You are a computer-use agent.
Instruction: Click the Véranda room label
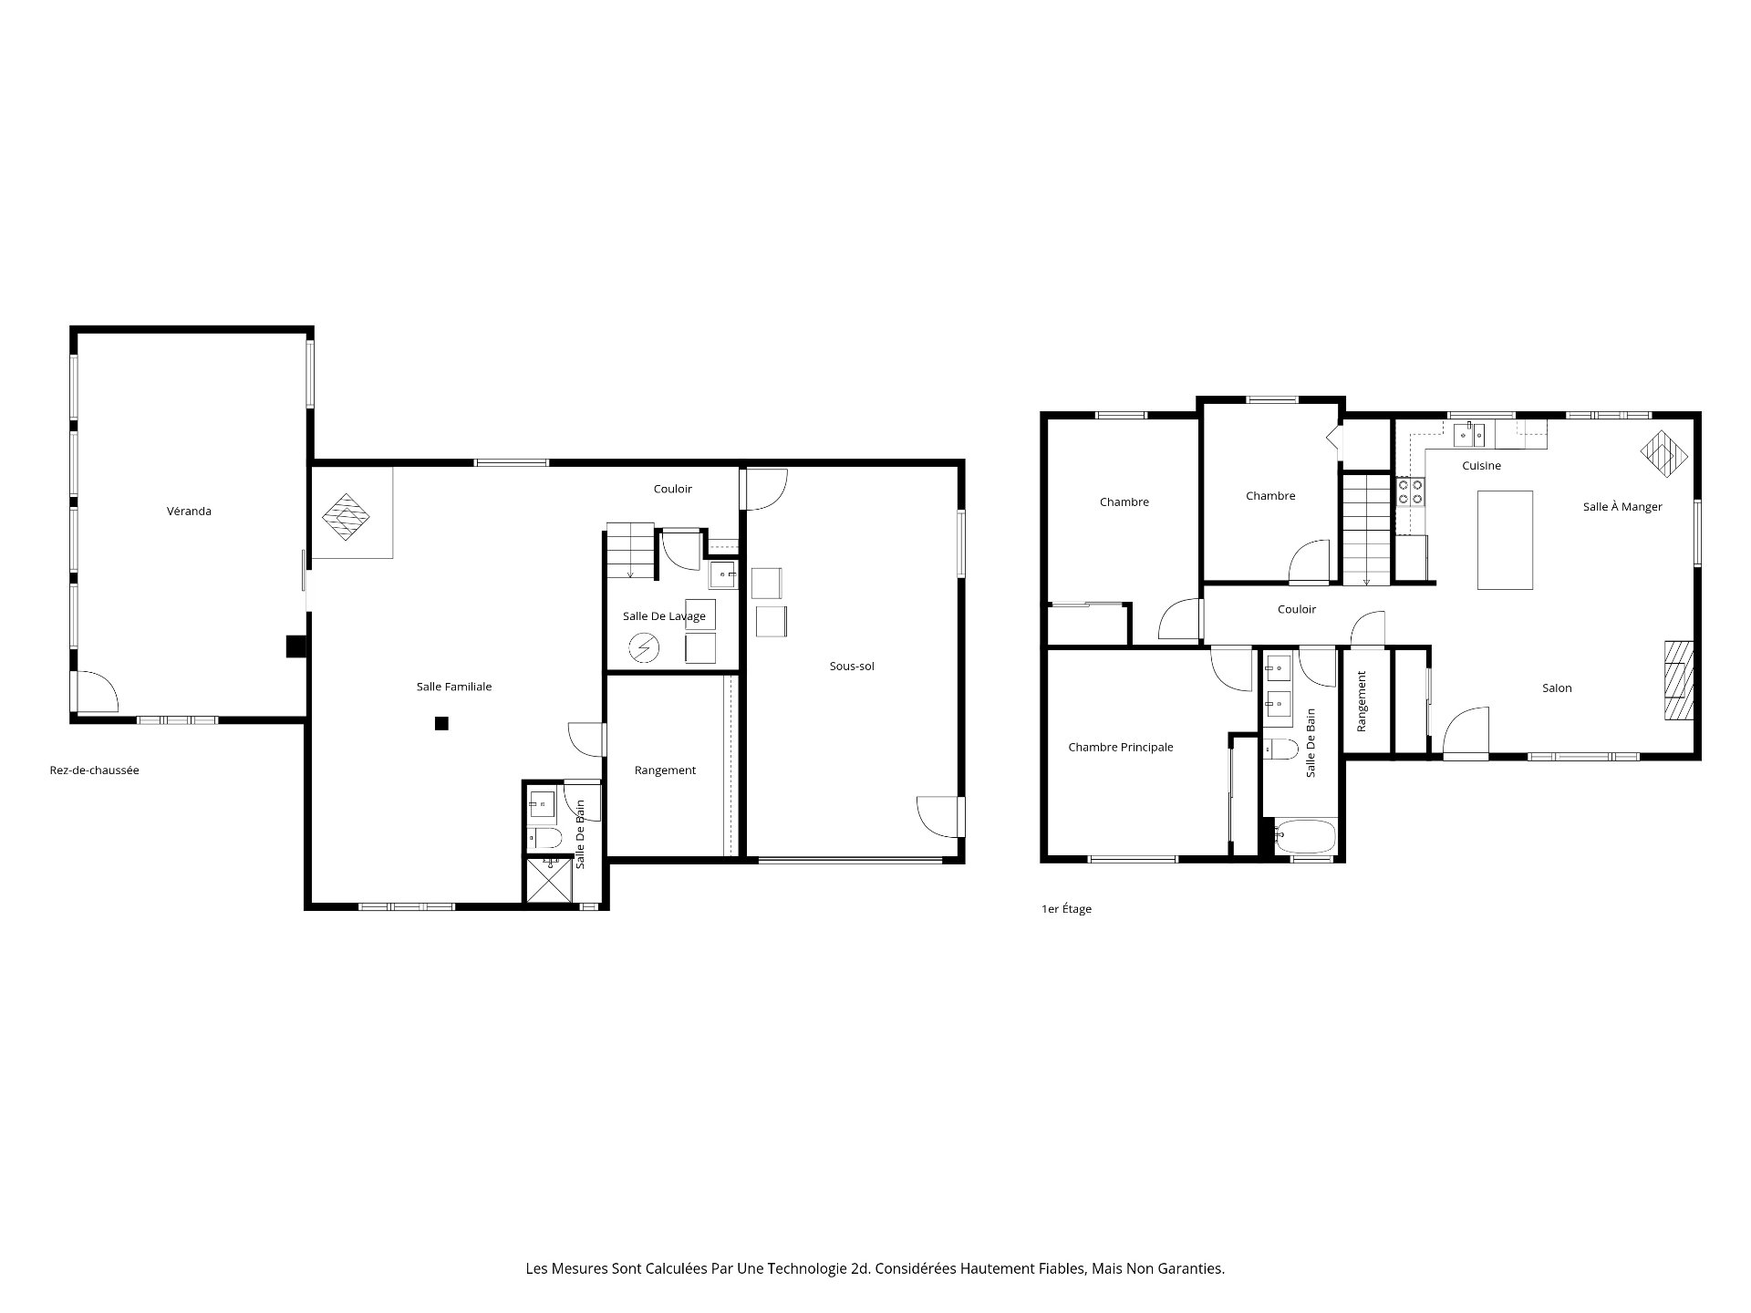pos(189,512)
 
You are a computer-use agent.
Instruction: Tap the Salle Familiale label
pos(453,687)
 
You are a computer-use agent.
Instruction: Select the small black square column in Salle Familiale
pos(441,724)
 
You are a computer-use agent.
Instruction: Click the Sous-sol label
pos(851,667)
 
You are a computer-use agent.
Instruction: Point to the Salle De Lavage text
pos(664,616)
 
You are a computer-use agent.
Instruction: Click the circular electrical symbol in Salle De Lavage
pos(644,648)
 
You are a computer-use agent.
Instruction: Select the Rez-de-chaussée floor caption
pos(94,770)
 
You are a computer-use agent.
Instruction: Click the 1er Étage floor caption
pos(1066,909)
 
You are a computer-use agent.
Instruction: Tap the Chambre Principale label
pos(1120,748)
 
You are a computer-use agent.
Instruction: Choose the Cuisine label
pos(1481,466)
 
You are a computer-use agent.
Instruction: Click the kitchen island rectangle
pos(1505,540)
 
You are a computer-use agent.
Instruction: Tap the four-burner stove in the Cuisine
pos(1410,492)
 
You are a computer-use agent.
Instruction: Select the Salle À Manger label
pos(1622,507)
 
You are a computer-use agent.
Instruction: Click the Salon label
pos(1557,688)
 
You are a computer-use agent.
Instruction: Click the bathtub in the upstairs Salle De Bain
pos(1305,837)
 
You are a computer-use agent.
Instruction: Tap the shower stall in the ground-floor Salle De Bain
pos(548,880)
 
